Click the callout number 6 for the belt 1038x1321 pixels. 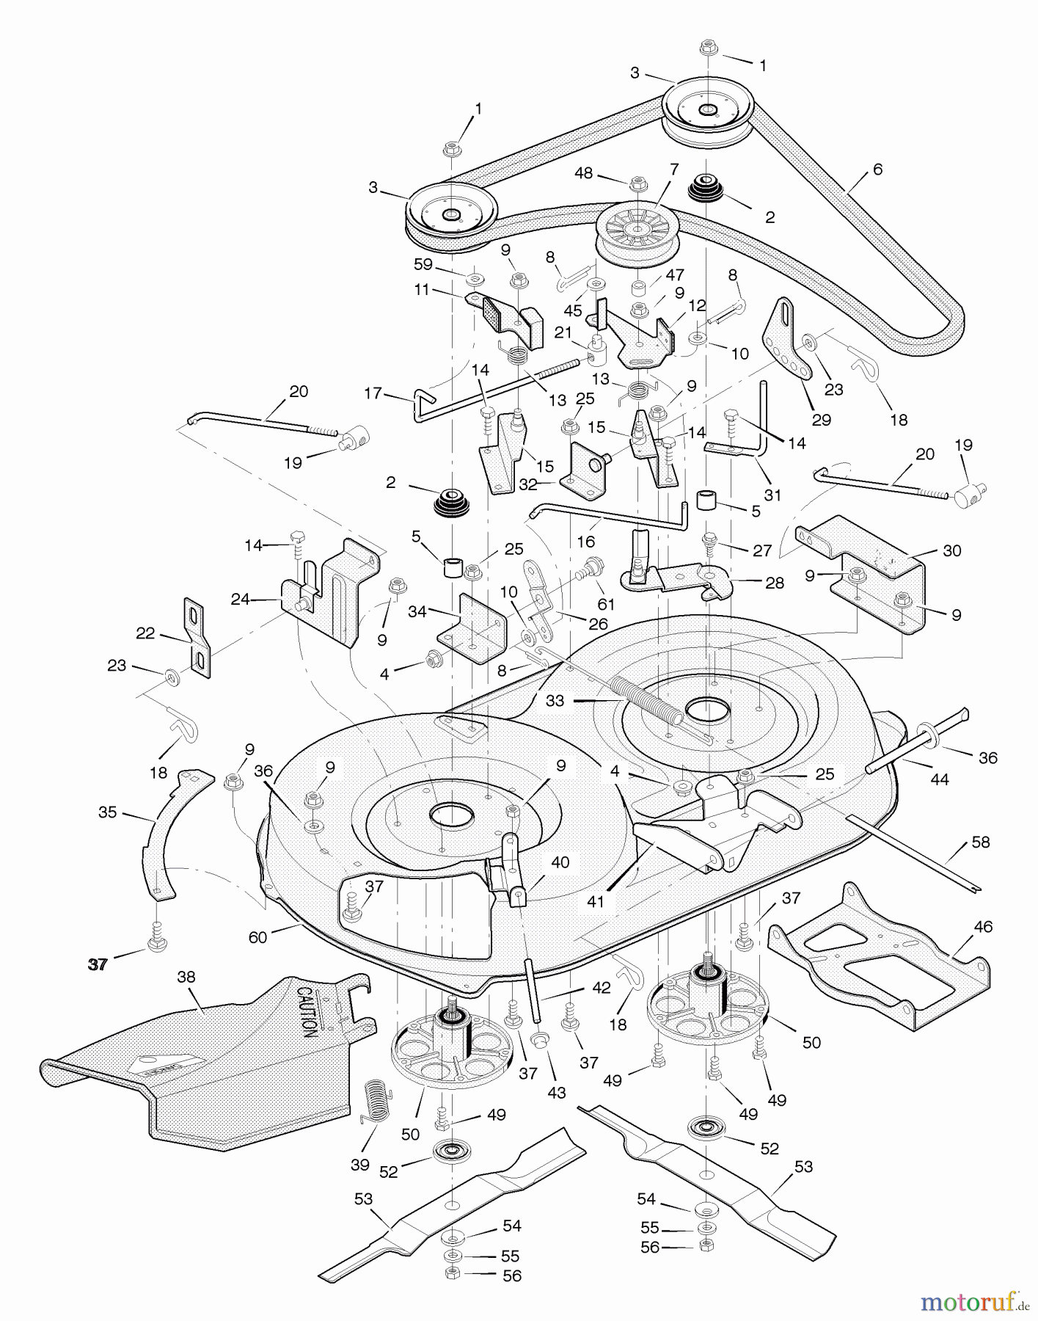point(877,170)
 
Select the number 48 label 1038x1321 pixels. point(584,173)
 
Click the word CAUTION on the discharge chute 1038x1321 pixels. point(307,1011)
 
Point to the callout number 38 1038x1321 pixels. point(186,977)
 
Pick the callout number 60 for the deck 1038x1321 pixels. point(257,937)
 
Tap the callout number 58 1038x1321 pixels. point(981,842)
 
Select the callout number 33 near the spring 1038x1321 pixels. point(555,701)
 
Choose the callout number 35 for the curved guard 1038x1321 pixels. point(108,812)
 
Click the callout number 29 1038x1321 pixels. point(821,420)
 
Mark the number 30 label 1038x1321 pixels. point(951,550)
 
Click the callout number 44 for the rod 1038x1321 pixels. point(940,779)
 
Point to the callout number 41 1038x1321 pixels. point(596,900)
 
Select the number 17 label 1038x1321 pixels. point(373,393)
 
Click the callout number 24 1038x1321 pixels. point(240,600)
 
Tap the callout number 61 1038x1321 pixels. point(606,605)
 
